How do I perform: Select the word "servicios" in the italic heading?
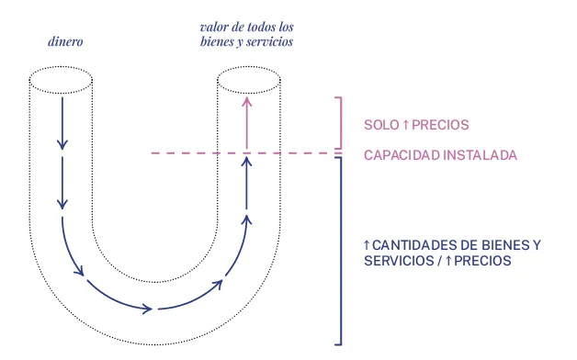(x=270, y=42)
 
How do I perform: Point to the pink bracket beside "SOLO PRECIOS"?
(x=341, y=122)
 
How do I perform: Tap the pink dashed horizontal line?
(x=184, y=153)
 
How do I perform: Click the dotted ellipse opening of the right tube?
(x=246, y=85)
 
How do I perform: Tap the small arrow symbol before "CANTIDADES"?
(x=367, y=245)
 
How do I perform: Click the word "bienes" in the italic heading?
(x=216, y=42)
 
